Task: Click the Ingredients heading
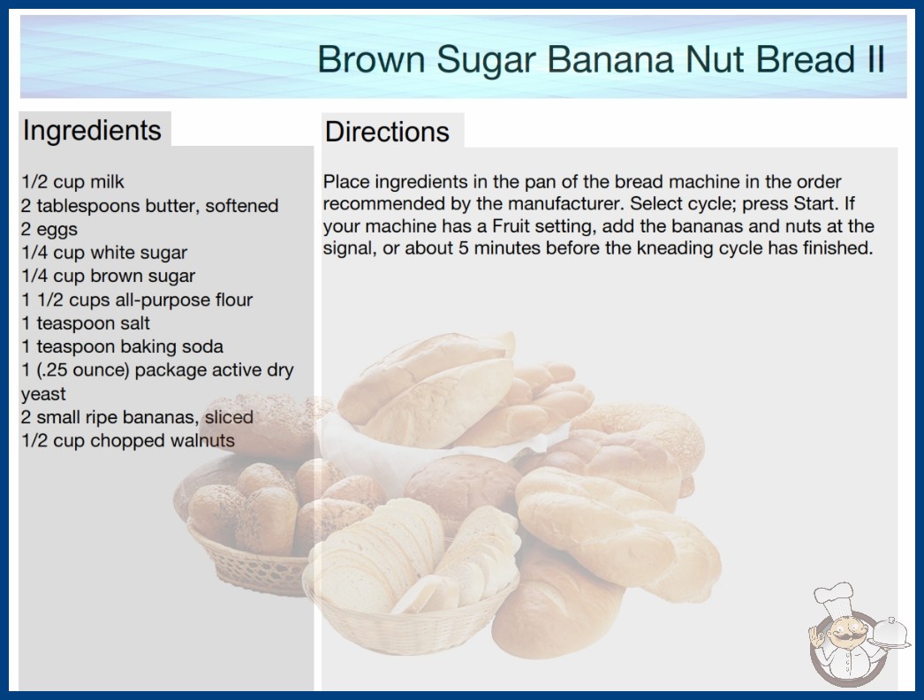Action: pos(92,131)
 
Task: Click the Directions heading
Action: pos(387,132)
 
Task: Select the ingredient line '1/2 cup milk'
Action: pos(72,182)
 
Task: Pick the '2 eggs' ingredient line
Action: pos(49,229)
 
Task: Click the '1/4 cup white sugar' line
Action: pos(104,253)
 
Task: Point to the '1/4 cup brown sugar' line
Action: pos(109,276)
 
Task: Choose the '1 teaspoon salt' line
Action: pos(86,323)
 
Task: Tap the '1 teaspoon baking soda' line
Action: pos(123,346)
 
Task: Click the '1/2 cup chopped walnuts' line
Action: pos(128,440)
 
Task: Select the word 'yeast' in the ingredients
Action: pos(43,394)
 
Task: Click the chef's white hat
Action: pos(835,596)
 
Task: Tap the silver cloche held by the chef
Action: pos(890,633)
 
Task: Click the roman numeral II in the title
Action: pos(875,59)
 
